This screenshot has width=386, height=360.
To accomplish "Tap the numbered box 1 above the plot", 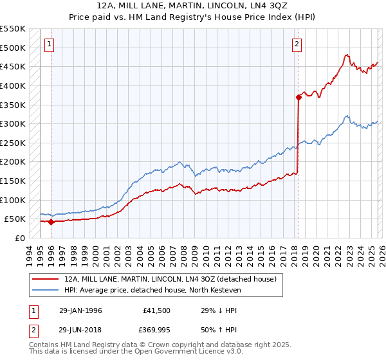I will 50,44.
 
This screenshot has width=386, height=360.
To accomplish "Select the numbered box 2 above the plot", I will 297,44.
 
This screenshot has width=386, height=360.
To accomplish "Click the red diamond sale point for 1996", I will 51,222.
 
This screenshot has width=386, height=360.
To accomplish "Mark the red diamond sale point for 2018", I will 299,97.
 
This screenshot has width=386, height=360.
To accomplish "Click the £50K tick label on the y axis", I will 15,219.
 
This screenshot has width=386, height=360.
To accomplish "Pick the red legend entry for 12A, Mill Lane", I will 170,279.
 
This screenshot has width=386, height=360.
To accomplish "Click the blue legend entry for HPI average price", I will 152,290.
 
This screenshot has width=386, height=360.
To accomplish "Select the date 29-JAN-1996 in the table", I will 80,310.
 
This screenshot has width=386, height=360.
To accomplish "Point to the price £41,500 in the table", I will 157,310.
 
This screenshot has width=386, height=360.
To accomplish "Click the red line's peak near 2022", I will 347,55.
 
